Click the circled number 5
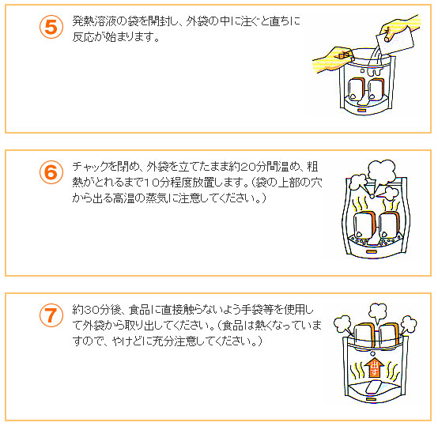click(x=51, y=27)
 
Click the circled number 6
click(x=51, y=172)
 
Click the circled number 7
click(x=51, y=315)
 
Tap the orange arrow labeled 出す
click(x=374, y=367)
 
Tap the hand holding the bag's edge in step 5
click(x=334, y=59)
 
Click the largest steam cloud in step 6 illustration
click(x=382, y=171)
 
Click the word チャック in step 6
click(x=90, y=167)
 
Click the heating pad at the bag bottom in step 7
click(x=373, y=387)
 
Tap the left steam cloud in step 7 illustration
click(x=342, y=324)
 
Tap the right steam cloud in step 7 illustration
click(x=409, y=324)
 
